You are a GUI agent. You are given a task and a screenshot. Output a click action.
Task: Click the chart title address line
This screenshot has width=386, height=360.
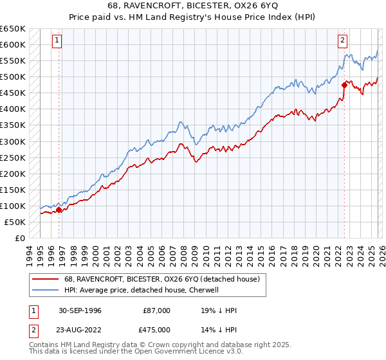tap(193, 5)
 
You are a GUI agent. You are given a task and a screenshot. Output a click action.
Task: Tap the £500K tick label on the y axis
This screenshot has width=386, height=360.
tap(13, 77)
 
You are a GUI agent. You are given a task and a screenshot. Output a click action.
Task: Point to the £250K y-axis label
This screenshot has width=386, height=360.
tap(13, 157)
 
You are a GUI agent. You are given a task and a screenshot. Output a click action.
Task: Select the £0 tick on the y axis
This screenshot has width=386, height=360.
tap(20, 238)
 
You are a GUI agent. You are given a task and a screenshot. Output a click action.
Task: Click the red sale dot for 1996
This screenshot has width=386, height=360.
tap(59, 210)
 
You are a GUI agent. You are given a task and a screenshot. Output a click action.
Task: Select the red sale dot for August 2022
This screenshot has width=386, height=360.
tap(344, 85)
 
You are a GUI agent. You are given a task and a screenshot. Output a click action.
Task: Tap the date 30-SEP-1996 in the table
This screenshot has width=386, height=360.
tap(79, 310)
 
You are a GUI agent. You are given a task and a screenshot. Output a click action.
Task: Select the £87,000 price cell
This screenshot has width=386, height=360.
tap(157, 310)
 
